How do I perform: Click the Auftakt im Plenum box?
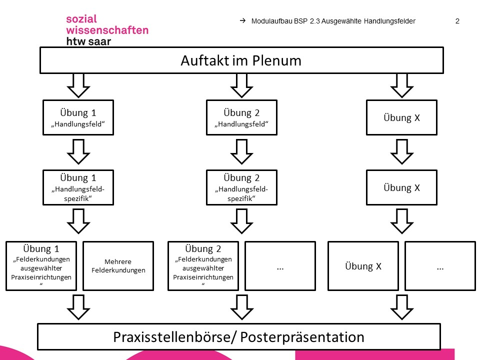pyautogui.click(x=241, y=61)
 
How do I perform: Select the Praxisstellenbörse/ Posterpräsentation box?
pyautogui.click(x=239, y=336)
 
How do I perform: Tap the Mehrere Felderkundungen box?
pyautogui.click(x=118, y=266)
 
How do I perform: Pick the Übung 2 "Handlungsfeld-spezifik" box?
pyautogui.click(x=241, y=187)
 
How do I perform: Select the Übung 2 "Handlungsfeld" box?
pyautogui.click(x=241, y=117)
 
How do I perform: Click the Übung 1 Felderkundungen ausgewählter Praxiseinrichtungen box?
pyautogui.click(x=41, y=266)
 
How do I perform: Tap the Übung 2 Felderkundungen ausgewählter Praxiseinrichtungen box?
pyautogui.click(x=203, y=266)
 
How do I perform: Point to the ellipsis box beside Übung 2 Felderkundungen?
pyautogui.click(x=280, y=266)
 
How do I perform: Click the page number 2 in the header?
pyautogui.click(x=457, y=21)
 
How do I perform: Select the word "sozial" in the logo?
pyautogui.click(x=82, y=19)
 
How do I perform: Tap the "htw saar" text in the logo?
pyautogui.click(x=88, y=41)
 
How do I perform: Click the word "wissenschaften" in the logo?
pyautogui.click(x=107, y=30)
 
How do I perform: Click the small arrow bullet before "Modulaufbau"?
pyautogui.click(x=242, y=21)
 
